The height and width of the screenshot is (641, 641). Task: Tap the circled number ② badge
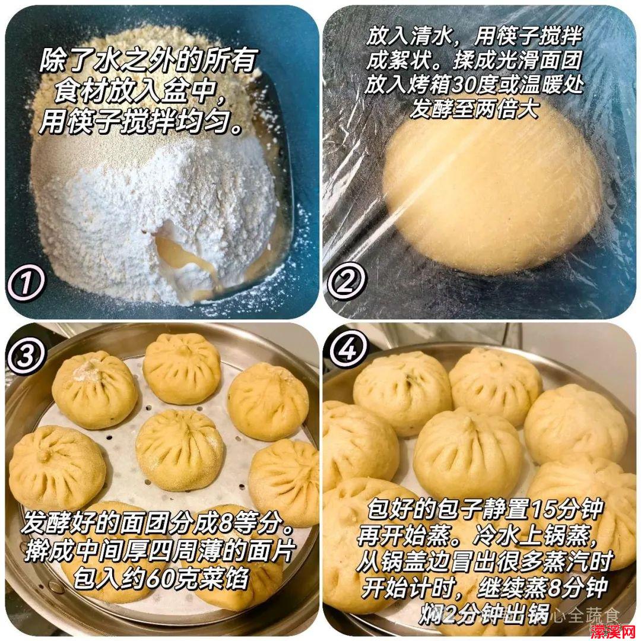346,282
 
